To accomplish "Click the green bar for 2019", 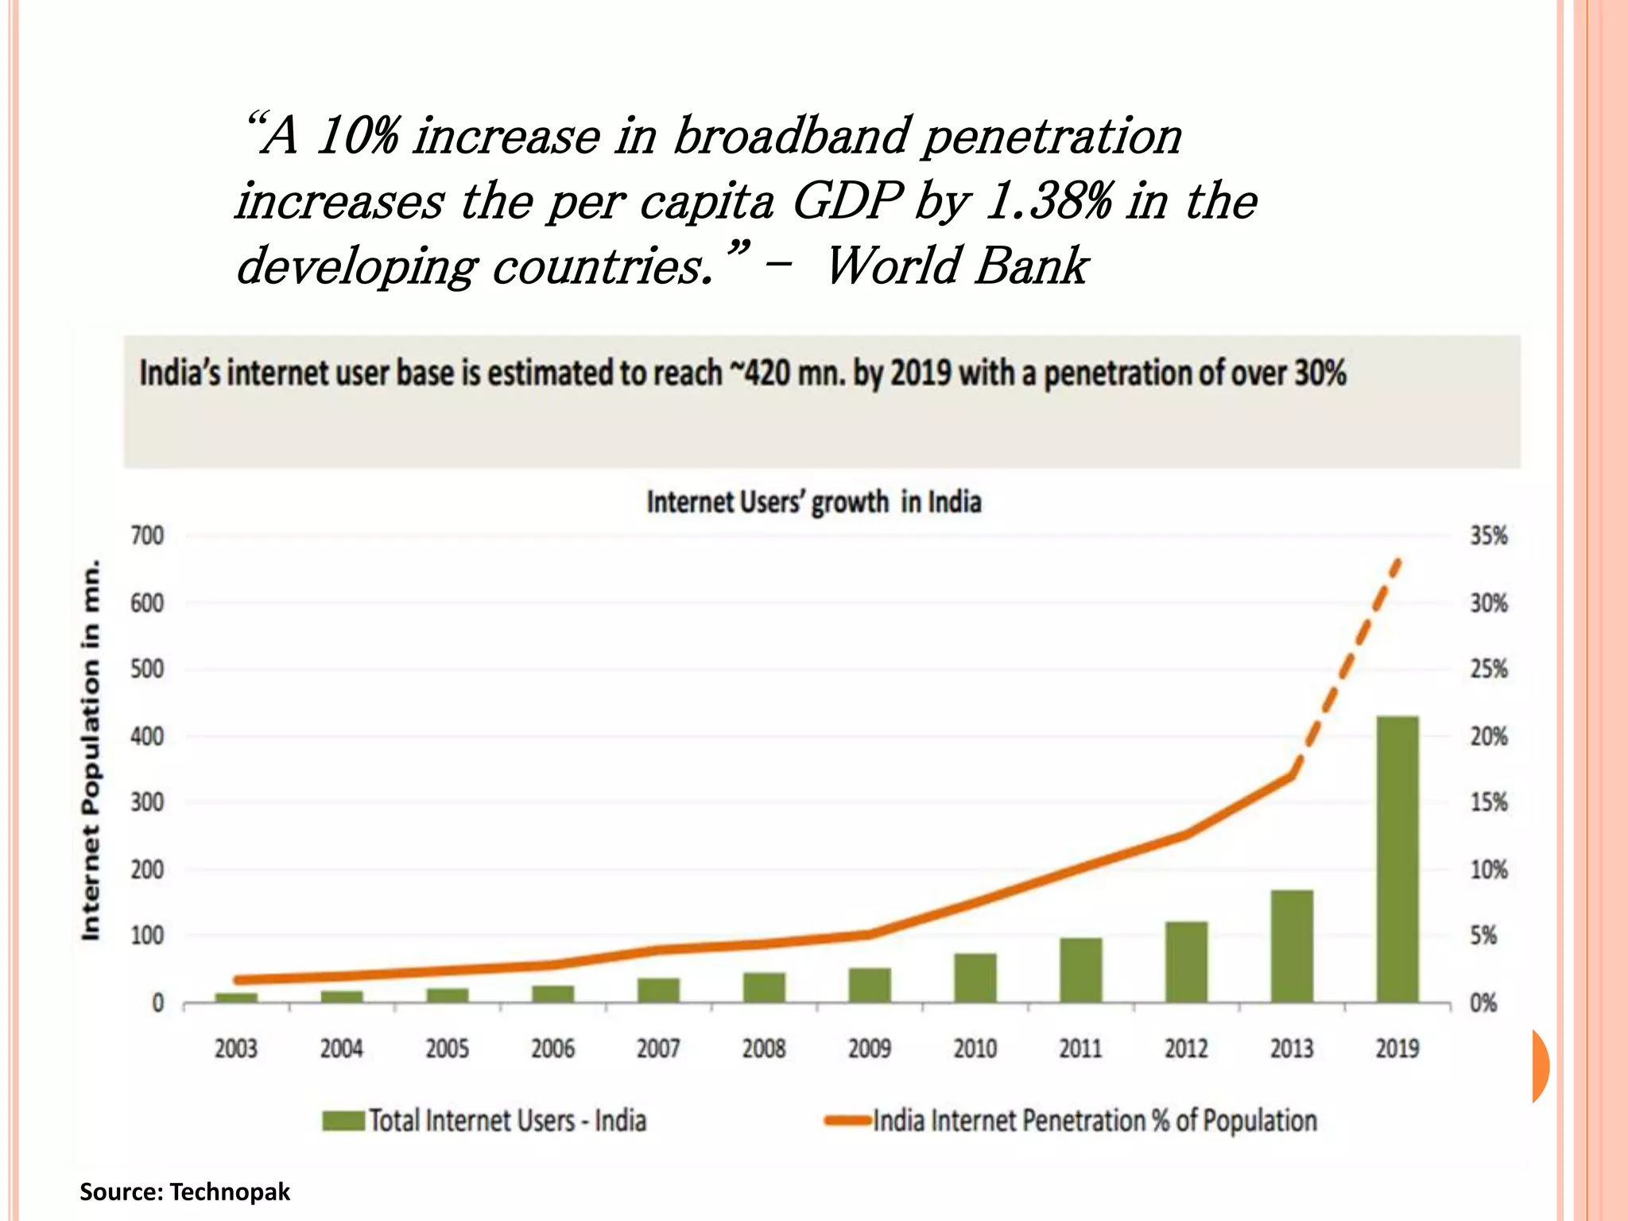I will (1397, 859).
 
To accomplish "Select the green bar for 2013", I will (1292, 946).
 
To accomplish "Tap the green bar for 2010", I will (975, 978).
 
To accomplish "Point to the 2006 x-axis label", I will (552, 1049).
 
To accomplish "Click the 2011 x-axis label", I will (1080, 1049).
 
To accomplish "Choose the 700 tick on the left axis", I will (147, 536).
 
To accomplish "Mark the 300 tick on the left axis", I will (147, 802).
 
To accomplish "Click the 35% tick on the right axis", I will (1488, 536).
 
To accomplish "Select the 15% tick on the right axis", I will (1488, 802).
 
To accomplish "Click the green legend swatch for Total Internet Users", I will (343, 1121).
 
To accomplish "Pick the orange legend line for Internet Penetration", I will (848, 1121).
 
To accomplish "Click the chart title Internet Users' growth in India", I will (813, 502).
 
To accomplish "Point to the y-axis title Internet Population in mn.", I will (91, 750).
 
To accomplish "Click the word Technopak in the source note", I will (230, 1192).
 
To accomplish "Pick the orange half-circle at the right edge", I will (1541, 1066).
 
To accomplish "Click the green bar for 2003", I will (236, 997).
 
